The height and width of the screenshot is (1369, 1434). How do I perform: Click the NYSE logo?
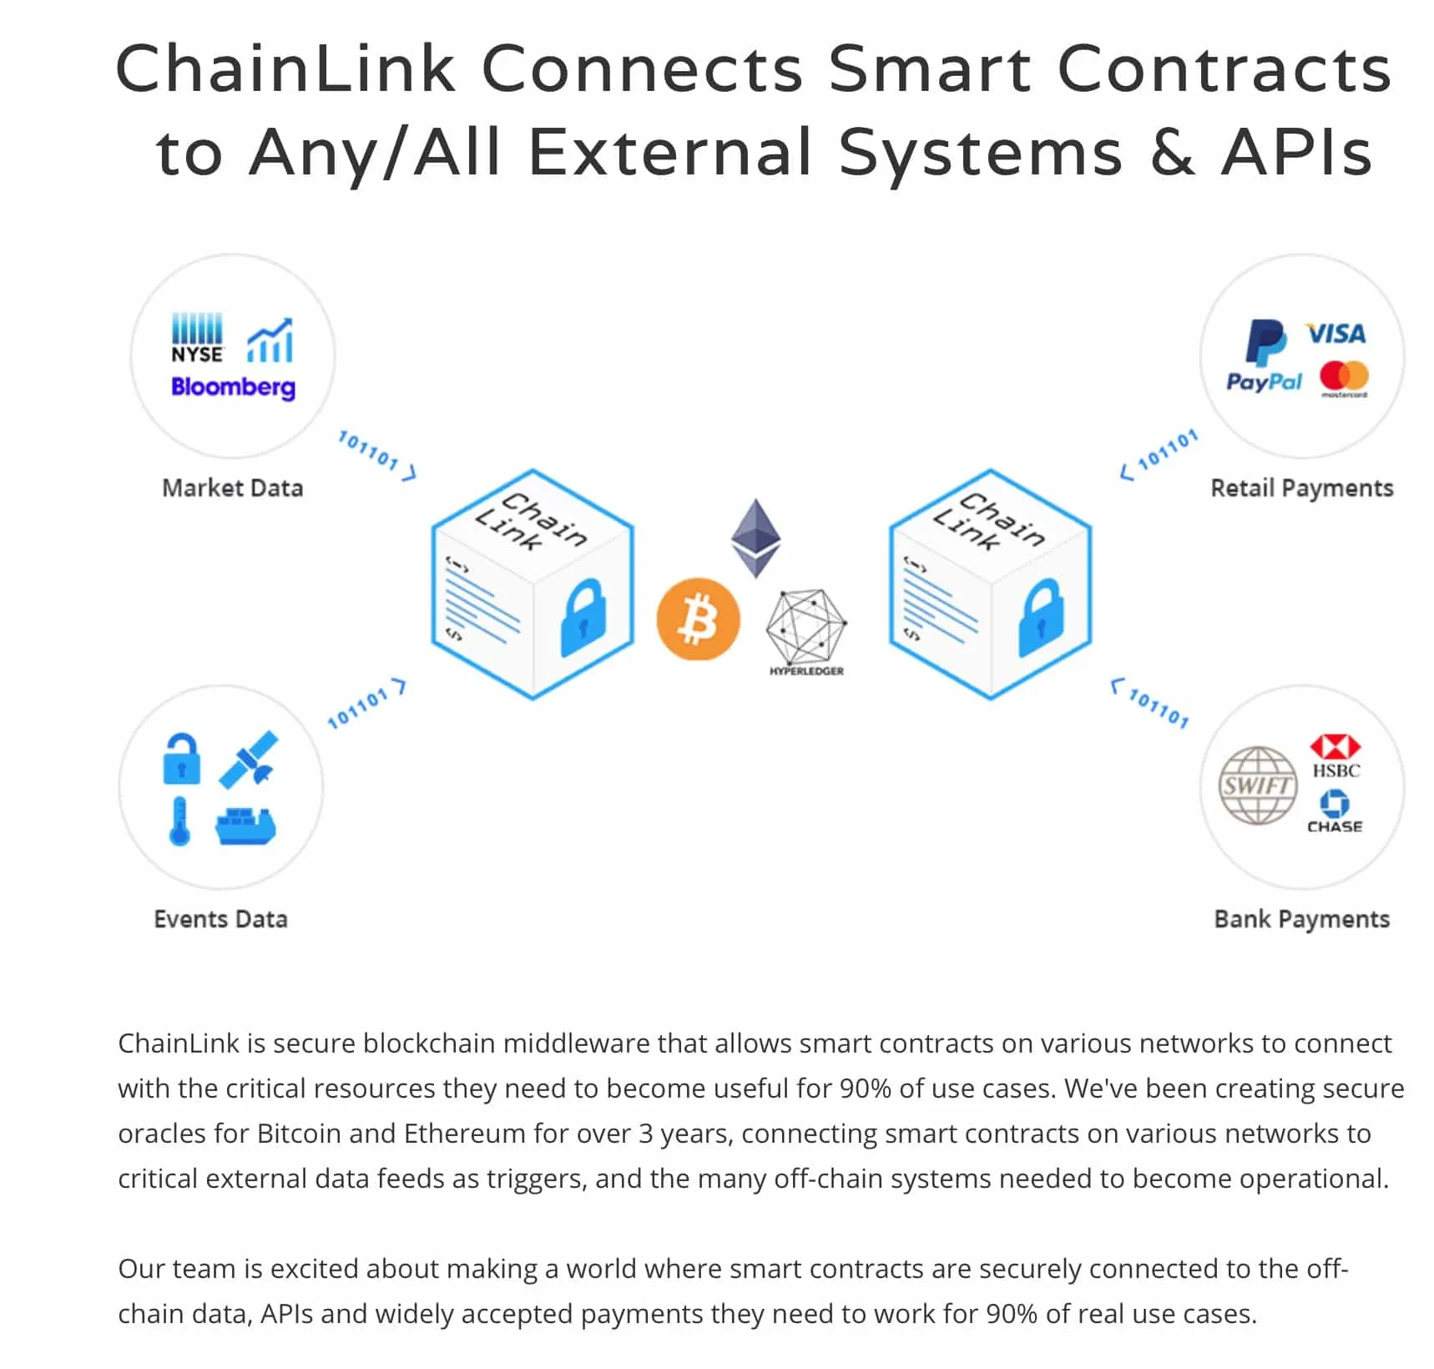click(x=197, y=338)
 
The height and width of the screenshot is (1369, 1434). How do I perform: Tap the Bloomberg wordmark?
click(x=233, y=387)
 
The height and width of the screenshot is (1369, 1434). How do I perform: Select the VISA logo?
click(x=1336, y=334)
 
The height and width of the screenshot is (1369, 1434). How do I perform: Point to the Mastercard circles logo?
click(x=1344, y=377)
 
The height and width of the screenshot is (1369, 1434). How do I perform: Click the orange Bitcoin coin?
click(x=698, y=619)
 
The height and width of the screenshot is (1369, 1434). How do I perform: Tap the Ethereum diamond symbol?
click(x=756, y=538)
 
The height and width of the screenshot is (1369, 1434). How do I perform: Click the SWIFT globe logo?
click(x=1258, y=786)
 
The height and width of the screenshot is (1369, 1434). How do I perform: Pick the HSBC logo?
click(x=1336, y=756)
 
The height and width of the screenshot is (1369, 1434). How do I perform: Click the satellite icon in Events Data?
click(x=249, y=759)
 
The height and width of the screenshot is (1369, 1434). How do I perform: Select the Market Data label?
click(x=232, y=487)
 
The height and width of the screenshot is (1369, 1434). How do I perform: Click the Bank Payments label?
click(x=1301, y=919)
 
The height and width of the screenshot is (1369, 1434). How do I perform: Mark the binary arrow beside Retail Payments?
click(x=1159, y=455)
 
